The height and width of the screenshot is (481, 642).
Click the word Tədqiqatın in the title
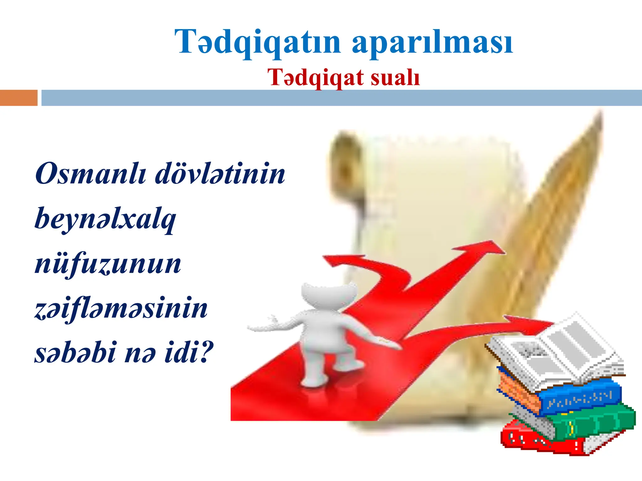257,42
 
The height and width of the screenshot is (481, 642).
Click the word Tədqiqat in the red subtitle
316,78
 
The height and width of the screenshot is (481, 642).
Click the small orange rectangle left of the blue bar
18,98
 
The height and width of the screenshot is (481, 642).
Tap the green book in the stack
592,421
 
